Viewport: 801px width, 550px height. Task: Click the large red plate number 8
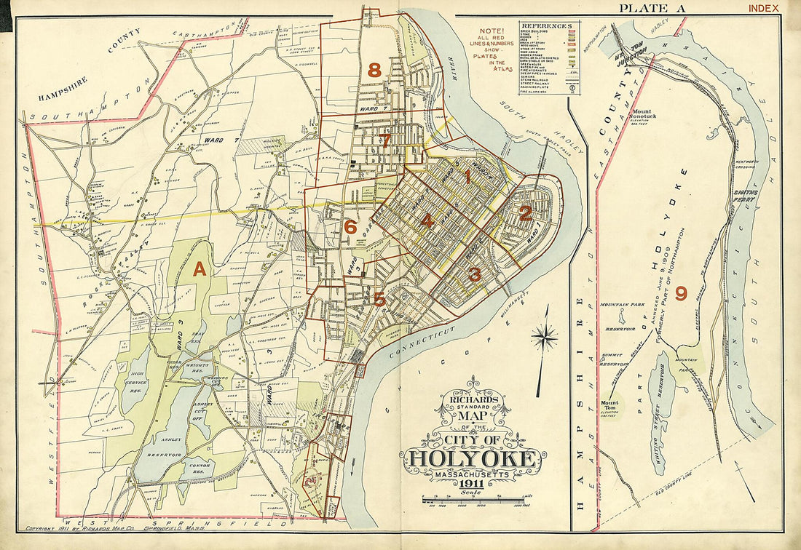click(x=374, y=71)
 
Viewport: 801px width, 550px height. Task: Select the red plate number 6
click(x=350, y=227)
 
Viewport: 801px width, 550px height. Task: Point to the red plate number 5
click(x=379, y=298)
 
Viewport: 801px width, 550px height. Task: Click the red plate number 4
click(x=427, y=222)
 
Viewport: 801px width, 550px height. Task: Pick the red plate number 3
click(x=474, y=274)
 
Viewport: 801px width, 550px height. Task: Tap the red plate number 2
click(x=524, y=213)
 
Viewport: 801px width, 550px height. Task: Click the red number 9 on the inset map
click(x=681, y=293)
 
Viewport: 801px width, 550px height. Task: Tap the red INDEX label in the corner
click(x=762, y=9)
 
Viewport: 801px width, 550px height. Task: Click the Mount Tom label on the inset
click(x=609, y=403)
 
